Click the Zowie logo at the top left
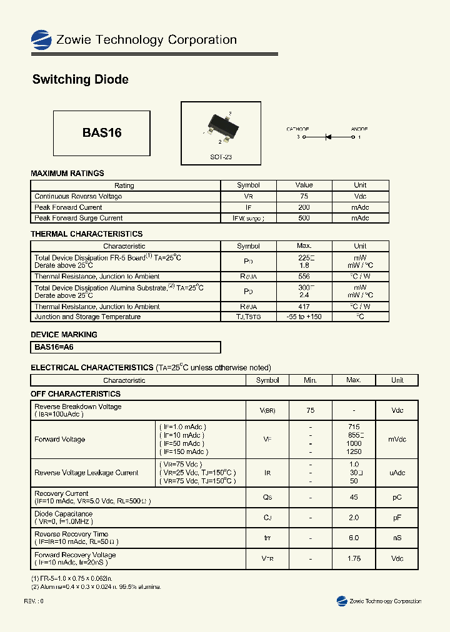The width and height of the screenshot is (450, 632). click(x=41, y=40)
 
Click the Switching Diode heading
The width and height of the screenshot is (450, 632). click(x=80, y=79)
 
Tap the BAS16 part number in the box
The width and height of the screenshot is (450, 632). click(x=101, y=133)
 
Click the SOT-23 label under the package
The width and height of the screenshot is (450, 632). click(x=221, y=157)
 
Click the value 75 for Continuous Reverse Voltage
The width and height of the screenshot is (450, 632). click(x=304, y=196)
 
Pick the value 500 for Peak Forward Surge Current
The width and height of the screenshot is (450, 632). click(x=304, y=218)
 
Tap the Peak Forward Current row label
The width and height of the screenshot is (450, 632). click(x=68, y=207)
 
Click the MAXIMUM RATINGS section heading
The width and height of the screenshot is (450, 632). click(x=67, y=173)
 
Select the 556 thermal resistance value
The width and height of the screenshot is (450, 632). click(x=304, y=276)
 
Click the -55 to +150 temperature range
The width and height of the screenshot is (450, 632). click(x=304, y=317)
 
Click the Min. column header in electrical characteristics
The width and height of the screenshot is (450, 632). click(x=311, y=380)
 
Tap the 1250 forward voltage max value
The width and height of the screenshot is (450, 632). click(x=354, y=452)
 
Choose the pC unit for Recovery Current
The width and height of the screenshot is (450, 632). click(x=397, y=497)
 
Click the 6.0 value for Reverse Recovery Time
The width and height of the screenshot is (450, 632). click(x=354, y=538)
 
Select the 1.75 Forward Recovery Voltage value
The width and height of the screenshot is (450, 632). click(x=354, y=558)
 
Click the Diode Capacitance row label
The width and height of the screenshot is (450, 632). click(x=63, y=514)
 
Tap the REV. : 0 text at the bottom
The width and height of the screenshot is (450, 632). click(x=34, y=601)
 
